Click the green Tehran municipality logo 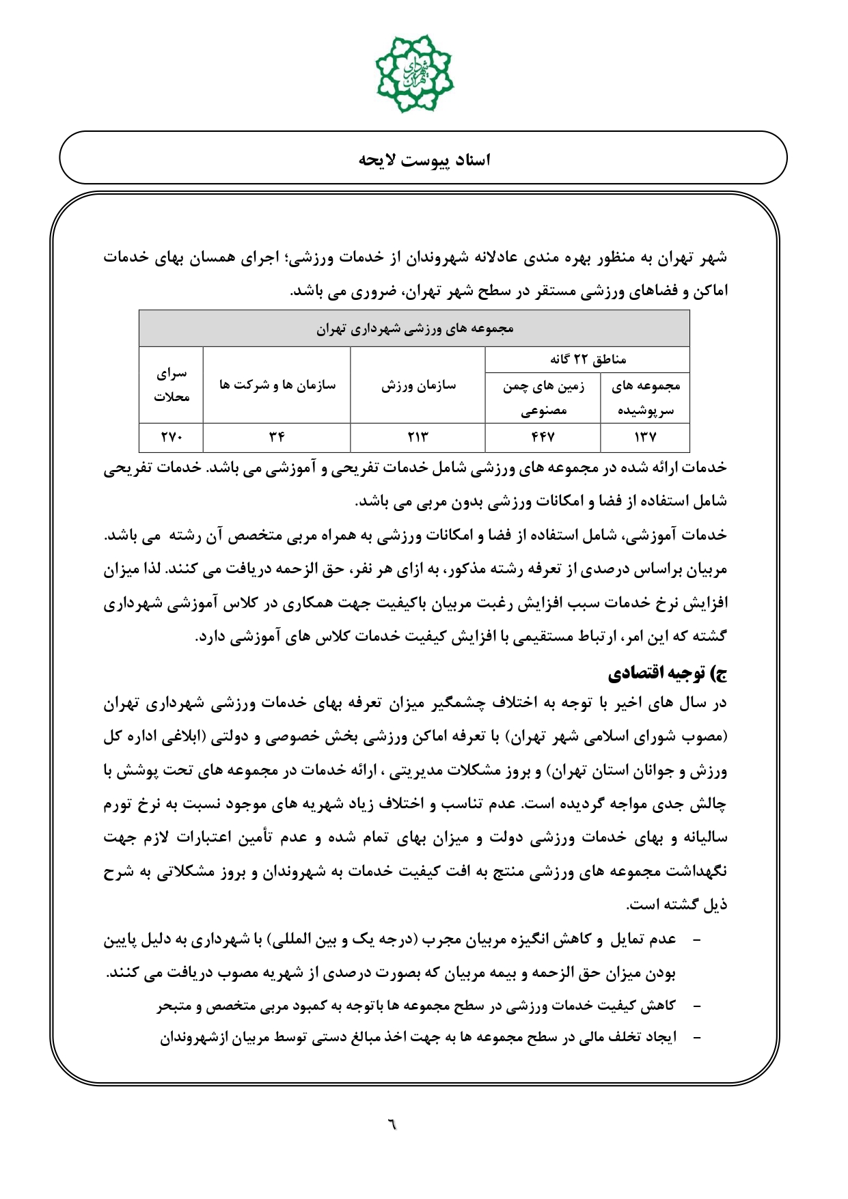click(414, 74)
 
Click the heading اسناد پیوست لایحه click(424, 160)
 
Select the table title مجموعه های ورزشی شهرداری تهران click(414, 329)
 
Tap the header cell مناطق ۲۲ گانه click(588, 359)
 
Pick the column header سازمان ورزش click(418, 385)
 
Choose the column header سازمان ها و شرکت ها click(277, 385)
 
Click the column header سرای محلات click(171, 385)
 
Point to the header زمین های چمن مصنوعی click(543, 398)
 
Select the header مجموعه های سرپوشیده click(645, 398)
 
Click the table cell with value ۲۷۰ click(171, 437)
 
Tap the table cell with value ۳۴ click(276, 437)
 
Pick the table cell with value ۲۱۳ click(418, 437)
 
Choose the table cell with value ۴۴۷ click(543, 437)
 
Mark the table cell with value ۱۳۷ click(645, 437)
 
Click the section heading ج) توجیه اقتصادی click(668, 674)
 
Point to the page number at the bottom click(392, 1123)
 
